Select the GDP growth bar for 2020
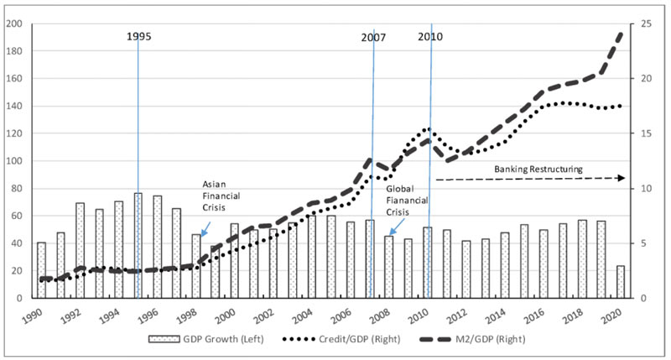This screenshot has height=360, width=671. pyautogui.click(x=621, y=282)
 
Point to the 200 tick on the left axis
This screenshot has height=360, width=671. pyautogui.click(x=14, y=23)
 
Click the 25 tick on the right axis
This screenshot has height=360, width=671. pyautogui.click(x=647, y=23)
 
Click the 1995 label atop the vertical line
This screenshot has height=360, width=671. pyautogui.click(x=140, y=37)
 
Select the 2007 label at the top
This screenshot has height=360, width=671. pyautogui.click(x=374, y=37)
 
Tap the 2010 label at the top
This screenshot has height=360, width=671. pyautogui.click(x=429, y=37)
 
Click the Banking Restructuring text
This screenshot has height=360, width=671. pyautogui.click(x=538, y=169)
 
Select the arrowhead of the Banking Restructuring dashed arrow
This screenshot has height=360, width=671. pyautogui.click(x=622, y=178)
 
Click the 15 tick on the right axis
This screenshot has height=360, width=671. pyautogui.click(x=647, y=133)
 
